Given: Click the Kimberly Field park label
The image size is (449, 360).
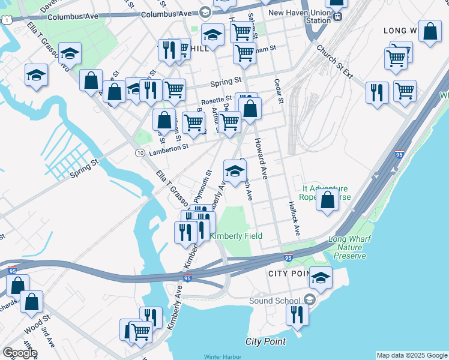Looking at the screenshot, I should click(x=239, y=236).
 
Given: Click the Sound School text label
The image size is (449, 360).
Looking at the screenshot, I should click(x=273, y=299).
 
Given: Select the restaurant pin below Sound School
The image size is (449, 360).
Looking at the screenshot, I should click(x=297, y=314).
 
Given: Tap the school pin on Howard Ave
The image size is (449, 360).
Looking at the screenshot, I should click(x=235, y=170).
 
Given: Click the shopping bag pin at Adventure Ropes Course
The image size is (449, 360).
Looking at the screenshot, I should click(x=328, y=199).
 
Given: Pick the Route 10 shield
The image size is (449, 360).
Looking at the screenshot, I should click(x=139, y=154).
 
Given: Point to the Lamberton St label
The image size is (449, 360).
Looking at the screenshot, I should click(x=169, y=146).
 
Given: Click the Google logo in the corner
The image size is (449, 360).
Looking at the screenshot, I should click(x=20, y=352).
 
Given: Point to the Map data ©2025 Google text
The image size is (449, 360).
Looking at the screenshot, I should click(x=412, y=356).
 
